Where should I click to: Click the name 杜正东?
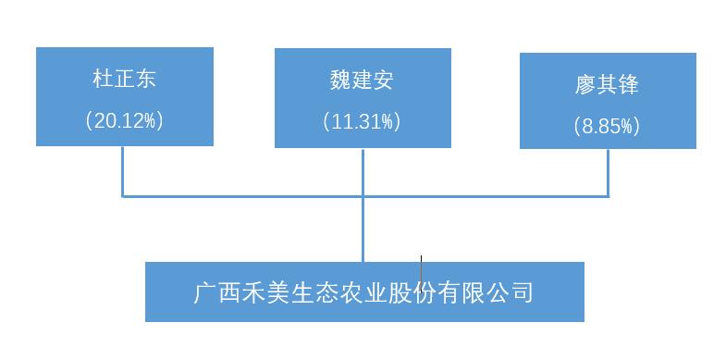(124, 78)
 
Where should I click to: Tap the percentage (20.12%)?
(124, 120)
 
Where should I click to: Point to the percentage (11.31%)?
(362, 121)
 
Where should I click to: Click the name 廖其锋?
(607, 85)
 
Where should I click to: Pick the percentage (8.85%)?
(607, 126)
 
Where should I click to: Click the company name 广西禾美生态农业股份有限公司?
(363, 292)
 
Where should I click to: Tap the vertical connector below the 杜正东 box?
(122, 170)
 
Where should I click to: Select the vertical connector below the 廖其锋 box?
(608, 172)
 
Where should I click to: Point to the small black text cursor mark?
(422, 270)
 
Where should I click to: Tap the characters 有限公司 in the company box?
(486, 292)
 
